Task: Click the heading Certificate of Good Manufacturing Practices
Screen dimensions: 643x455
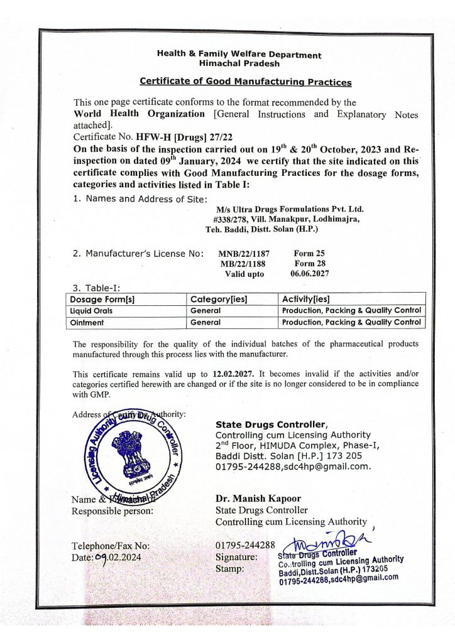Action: pos(246,82)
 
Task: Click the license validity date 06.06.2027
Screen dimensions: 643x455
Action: pos(310,274)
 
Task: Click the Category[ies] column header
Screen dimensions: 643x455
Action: pos(219,299)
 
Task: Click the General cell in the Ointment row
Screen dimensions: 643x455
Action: pos(206,323)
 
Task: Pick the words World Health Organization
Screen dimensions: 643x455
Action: pos(140,114)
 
